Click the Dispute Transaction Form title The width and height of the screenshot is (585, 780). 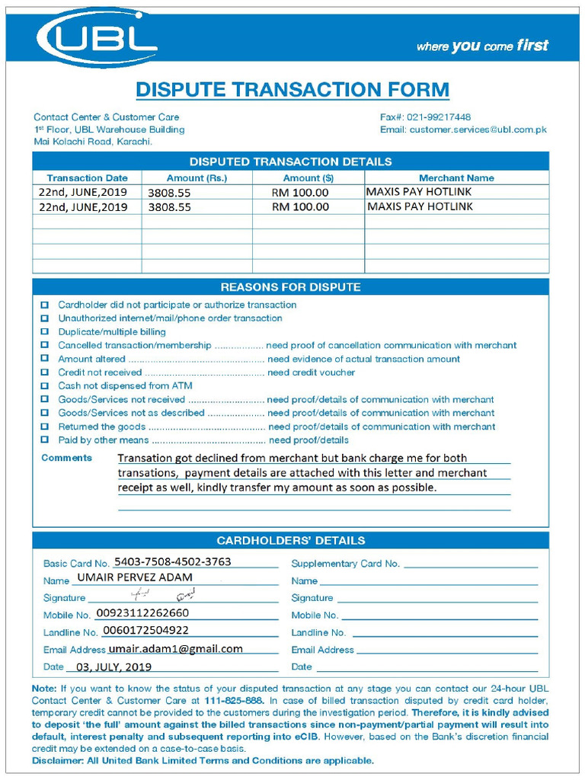click(292, 90)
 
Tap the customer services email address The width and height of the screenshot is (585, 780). click(478, 129)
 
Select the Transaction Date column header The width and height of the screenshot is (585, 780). click(87, 177)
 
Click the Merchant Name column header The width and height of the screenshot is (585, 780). click(456, 177)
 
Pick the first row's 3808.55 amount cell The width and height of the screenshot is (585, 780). click(169, 193)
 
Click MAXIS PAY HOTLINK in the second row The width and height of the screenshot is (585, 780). click(420, 206)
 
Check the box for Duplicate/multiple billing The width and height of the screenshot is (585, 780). click(44, 332)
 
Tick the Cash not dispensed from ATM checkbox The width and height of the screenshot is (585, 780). click(44, 386)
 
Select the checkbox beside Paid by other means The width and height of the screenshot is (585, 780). click(44, 440)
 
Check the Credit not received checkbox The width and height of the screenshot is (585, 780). click(44, 372)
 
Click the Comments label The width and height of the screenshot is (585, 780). click(66, 458)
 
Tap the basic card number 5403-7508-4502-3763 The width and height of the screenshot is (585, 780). click(172, 562)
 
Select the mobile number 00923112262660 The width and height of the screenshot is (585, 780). click(142, 613)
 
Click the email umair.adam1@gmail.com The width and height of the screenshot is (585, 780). click(175, 649)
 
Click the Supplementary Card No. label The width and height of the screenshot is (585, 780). click(345, 564)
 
